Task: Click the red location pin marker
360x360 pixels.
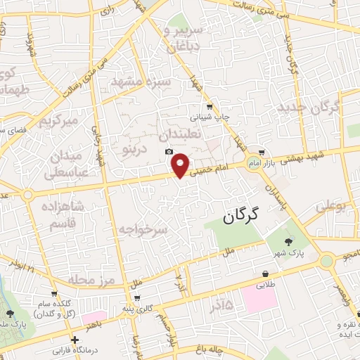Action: [x=181, y=165]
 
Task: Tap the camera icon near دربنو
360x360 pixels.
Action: [x=169, y=152]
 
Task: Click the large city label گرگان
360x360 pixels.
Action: [x=241, y=217]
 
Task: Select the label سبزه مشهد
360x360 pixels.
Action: [x=141, y=82]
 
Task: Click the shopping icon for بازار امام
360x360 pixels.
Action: [x=262, y=152]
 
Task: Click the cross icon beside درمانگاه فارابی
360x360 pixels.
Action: [x=75, y=340]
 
